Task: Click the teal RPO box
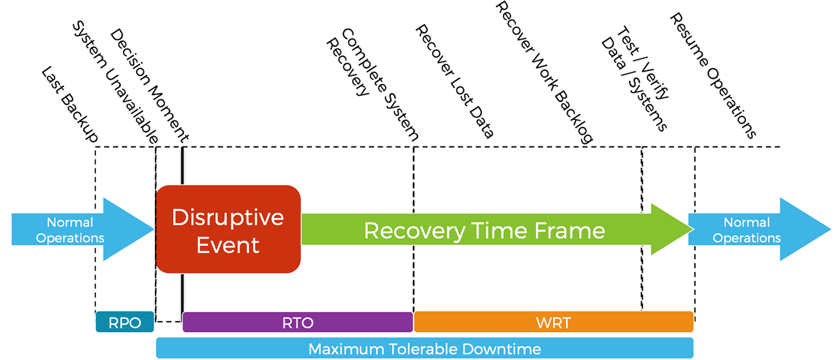click(x=124, y=322)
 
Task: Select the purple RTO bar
click(x=297, y=322)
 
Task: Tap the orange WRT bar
click(x=553, y=322)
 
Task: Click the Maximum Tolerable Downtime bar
click(x=424, y=348)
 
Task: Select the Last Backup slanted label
click(x=70, y=104)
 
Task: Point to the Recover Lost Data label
click(x=454, y=81)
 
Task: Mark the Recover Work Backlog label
click(x=543, y=72)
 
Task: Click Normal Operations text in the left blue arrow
click(x=70, y=230)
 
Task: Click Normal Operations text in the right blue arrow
click(x=746, y=230)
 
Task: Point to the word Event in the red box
click(x=227, y=245)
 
